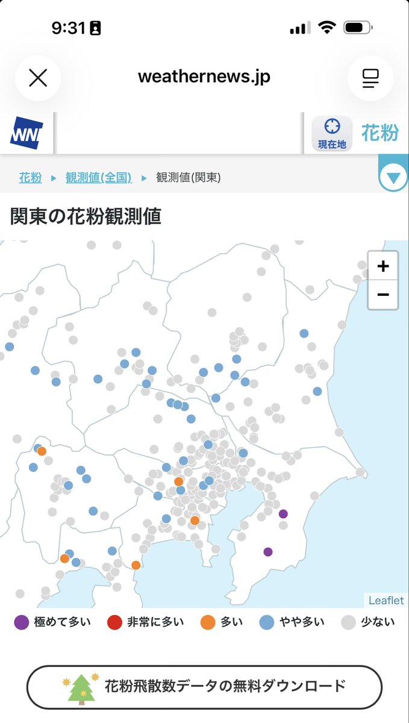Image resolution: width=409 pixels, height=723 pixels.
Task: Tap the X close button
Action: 38,78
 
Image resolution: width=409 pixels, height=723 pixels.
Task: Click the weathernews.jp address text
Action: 204,77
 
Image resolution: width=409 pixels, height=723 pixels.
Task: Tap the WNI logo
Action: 27,133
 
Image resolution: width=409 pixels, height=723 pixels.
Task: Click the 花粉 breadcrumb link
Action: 31,178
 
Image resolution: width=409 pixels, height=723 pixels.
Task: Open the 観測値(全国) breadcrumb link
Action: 98,178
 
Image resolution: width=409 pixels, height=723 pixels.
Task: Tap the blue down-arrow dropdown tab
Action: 393,178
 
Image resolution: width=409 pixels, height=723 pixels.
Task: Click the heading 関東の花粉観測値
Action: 86,216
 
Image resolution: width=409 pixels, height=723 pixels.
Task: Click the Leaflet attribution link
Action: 386,600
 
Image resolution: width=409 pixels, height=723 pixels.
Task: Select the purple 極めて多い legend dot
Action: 21,622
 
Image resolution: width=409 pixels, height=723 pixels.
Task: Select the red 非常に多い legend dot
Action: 114,622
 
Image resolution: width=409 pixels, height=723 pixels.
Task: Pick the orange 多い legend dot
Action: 208,622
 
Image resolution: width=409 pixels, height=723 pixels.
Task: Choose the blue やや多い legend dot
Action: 266,622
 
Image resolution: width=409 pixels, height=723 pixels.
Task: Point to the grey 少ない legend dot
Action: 349,622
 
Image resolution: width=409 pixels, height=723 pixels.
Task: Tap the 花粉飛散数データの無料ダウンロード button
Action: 204,686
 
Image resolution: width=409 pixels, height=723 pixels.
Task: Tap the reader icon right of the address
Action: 370,78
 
